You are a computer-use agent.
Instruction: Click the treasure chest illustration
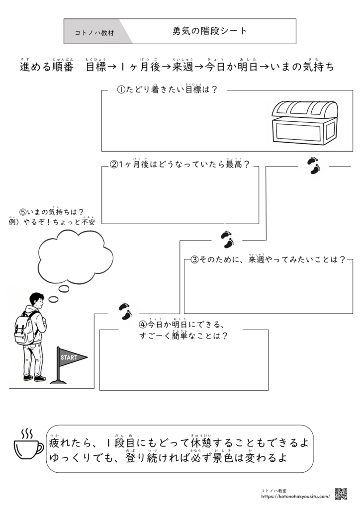tap(304, 122)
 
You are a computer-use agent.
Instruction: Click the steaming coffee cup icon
tap(27, 446)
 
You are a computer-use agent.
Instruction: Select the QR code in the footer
tap(341, 494)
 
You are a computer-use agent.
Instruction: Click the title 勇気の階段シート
tap(210, 31)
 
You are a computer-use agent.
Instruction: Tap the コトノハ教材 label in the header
tap(94, 33)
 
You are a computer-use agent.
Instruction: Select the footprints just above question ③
tap(227, 240)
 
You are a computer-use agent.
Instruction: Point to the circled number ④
tap(143, 325)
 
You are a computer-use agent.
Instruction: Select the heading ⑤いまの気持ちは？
tap(52, 212)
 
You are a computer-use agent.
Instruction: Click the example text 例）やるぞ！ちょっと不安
tap(52, 222)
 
